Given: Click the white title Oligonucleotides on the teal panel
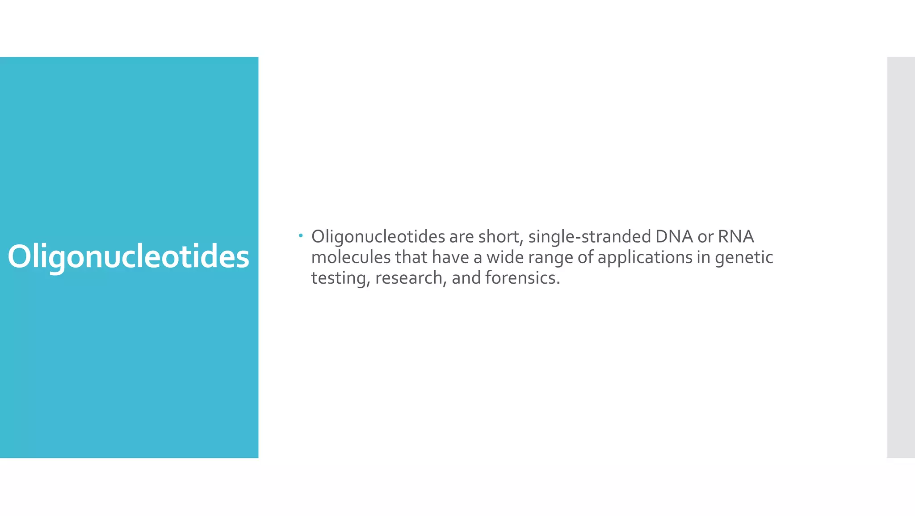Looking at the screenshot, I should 128,257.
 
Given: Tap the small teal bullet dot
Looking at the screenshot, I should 301,235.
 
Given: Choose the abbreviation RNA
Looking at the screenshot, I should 736,237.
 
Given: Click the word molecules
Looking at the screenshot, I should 351,257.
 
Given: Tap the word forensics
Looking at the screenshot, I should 522,278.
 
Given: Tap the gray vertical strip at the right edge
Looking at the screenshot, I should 901,257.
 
